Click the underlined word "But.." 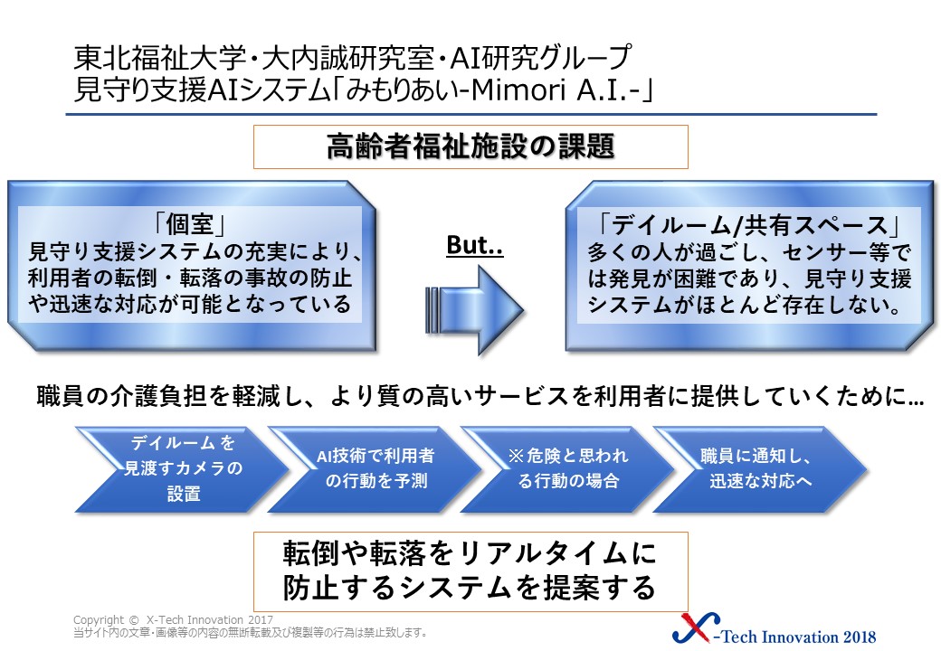click(x=475, y=245)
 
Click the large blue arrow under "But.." click(x=475, y=310)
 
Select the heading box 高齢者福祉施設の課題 click(x=470, y=146)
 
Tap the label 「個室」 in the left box click(x=190, y=225)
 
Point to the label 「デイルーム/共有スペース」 click(x=749, y=225)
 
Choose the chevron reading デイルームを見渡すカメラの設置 click(x=183, y=468)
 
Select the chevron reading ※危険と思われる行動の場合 click(x=567, y=468)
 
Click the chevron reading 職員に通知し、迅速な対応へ click(x=760, y=468)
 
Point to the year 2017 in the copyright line click(x=261, y=620)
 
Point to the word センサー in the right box click(x=836, y=252)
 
